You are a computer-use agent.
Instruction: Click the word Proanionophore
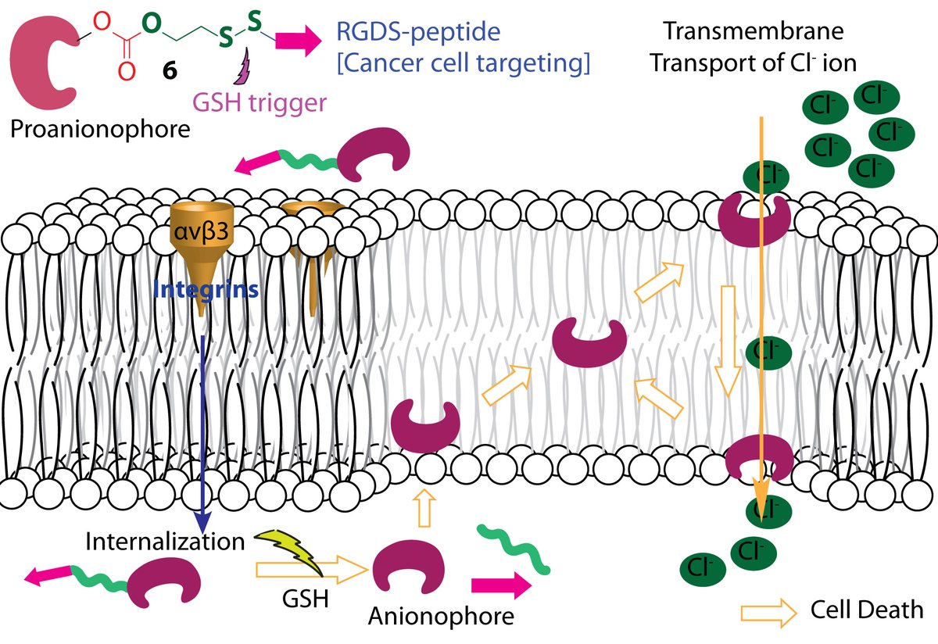(x=100, y=129)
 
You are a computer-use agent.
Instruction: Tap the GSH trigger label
(x=257, y=102)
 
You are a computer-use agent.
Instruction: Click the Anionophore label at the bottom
(x=441, y=616)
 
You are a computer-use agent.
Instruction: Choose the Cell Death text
(x=867, y=610)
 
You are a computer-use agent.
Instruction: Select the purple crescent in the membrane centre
(x=590, y=341)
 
